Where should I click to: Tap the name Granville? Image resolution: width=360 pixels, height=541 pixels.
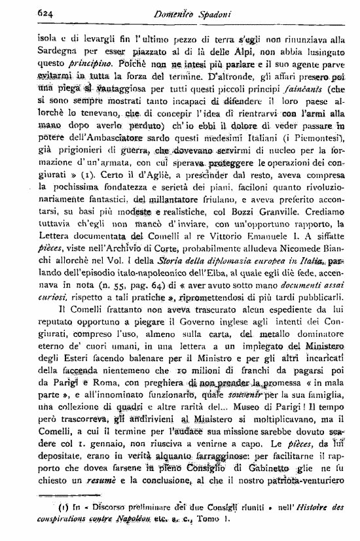[295, 252]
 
